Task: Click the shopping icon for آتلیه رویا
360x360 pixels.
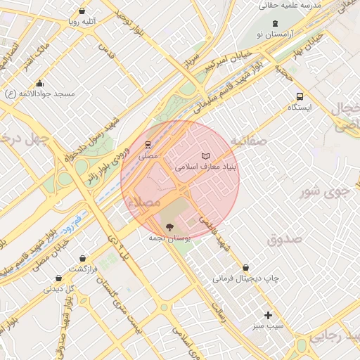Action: coord(83,11)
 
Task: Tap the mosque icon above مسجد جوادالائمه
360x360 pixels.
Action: coord(39,83)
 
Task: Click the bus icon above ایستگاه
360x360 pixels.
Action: coord(300,96)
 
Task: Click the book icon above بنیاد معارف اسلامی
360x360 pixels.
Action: coord(205,155)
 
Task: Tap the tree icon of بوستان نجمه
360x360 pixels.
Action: coord(168,226)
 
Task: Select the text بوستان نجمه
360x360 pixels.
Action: coord(167,238)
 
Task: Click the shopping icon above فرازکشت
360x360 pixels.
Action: coord(84,258)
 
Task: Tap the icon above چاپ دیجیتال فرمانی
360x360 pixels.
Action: coord(245,267)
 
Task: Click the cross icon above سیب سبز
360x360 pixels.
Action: coord(267,315)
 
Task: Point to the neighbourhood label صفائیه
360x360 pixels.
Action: coord(247,141)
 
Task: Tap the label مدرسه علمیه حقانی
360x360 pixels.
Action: coord(290,5)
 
